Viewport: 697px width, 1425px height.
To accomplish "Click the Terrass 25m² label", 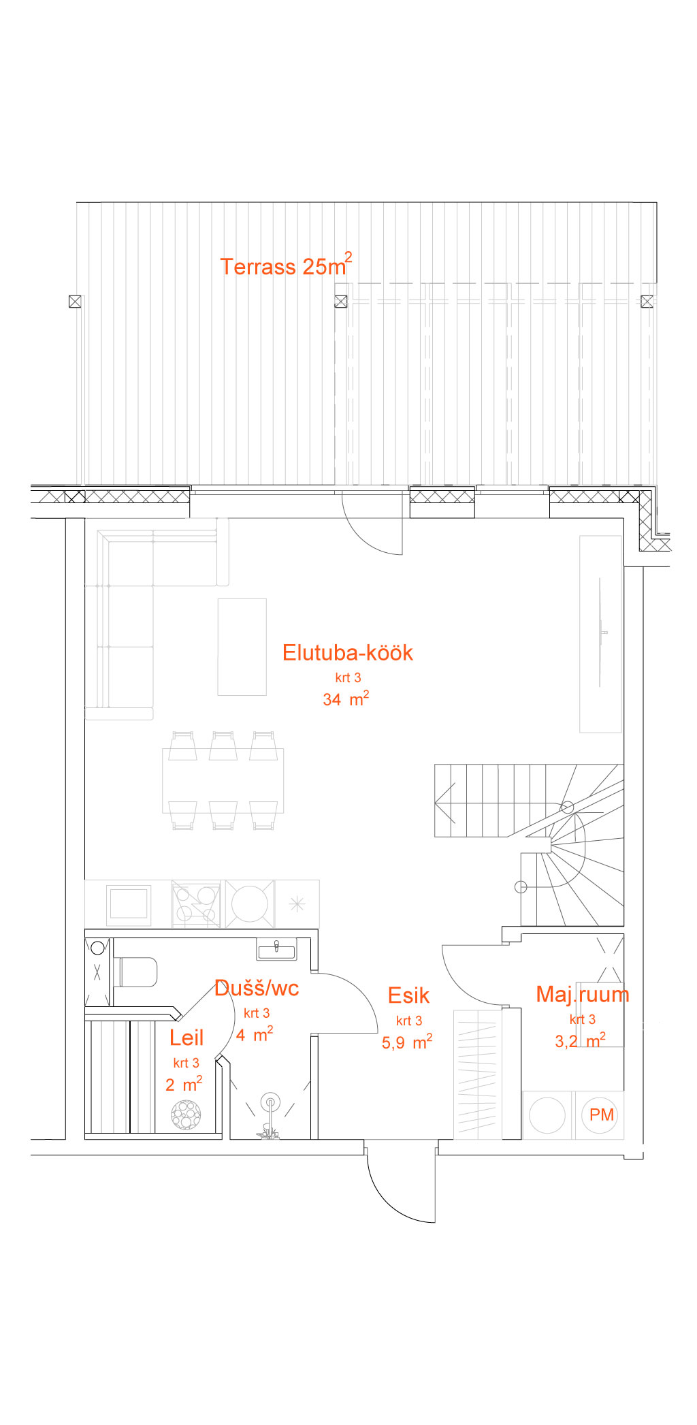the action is click(286, 265).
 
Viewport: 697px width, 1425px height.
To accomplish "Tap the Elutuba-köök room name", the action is click(348, 652).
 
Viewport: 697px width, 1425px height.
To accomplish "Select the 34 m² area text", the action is click(346, 699).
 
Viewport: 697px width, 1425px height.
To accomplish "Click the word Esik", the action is click(408, 995).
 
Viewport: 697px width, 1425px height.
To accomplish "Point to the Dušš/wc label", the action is click(257, 988).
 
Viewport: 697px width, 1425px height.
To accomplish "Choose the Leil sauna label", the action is click(187, 1038).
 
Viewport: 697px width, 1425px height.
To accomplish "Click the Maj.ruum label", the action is click(583, 995).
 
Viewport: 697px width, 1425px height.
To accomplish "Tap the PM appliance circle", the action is click(600, 1115).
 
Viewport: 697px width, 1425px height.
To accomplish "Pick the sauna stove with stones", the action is click(186, 1115).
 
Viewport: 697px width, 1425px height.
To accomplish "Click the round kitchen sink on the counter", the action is click(250, 903).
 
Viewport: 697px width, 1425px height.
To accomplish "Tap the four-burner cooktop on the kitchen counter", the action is click(196, 904).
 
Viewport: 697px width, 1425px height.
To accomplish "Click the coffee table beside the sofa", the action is click(242, 647).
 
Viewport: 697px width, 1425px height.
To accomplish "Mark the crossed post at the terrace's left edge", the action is click(75, 301).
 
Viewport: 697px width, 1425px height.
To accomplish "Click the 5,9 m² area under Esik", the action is click(407, 1042).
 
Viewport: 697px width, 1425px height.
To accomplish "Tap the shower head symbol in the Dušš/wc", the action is click(270, 1103).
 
